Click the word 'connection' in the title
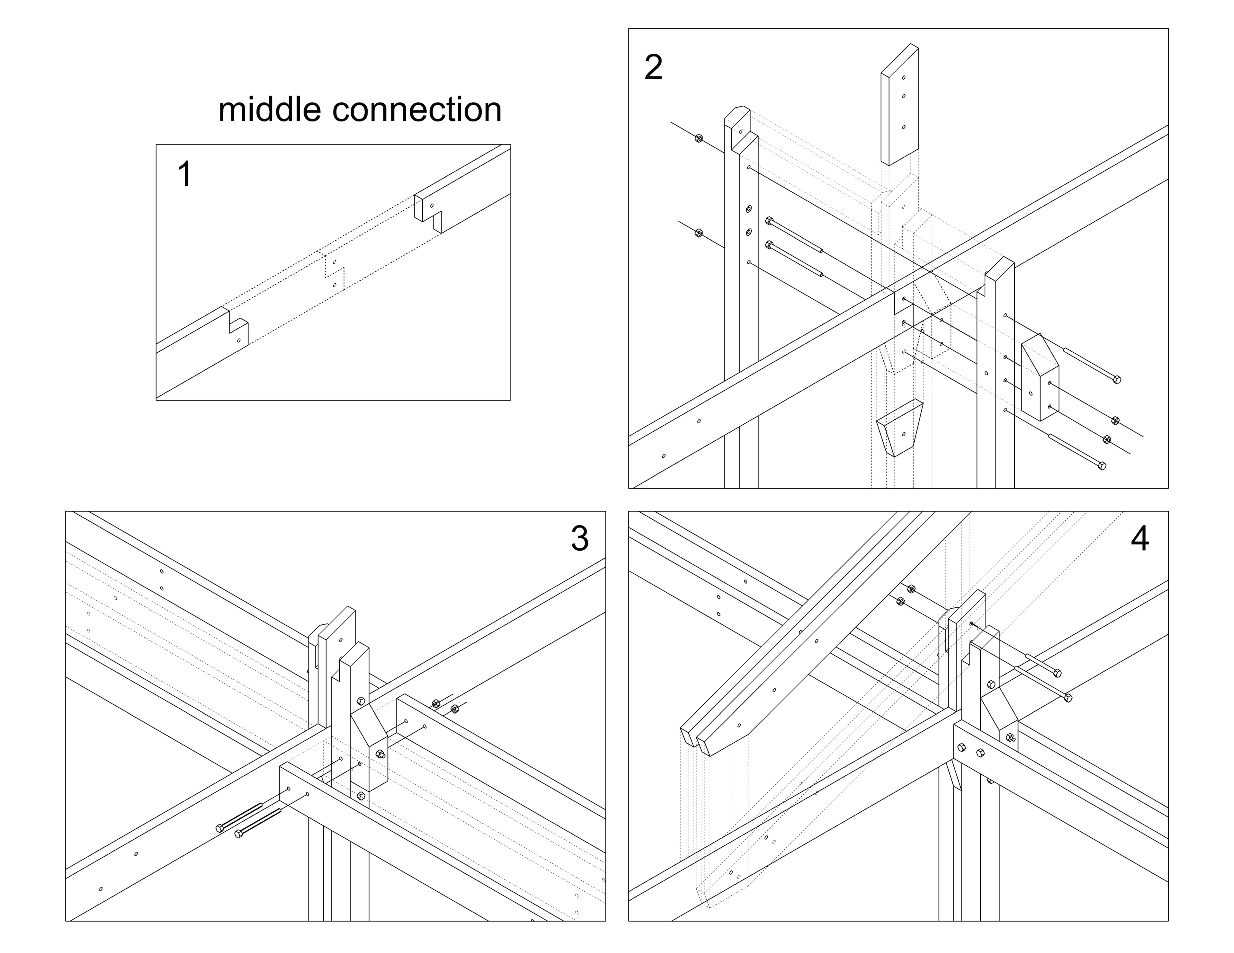(x=417, y=110)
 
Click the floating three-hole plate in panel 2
(x=899, y=104)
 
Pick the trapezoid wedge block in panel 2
(x=899, y=428)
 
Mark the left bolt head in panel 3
(x=220, y=828)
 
